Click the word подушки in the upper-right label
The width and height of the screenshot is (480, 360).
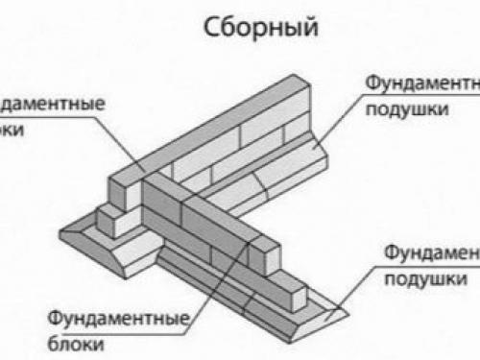click(408, 108)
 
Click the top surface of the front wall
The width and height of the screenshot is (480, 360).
click(206, 202)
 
